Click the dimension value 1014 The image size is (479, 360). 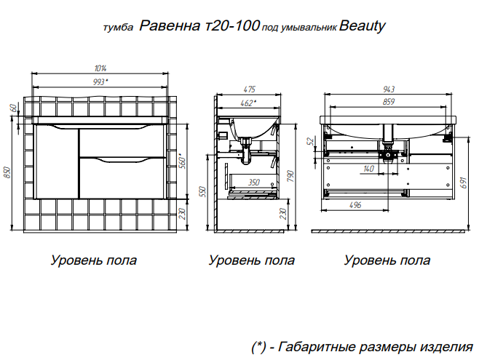click(100, 68)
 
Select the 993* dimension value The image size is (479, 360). click(100, 81)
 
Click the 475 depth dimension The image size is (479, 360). click(249, 89)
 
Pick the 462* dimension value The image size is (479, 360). click(248, 103)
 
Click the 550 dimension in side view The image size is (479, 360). click(204, 192)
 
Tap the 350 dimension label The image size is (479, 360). click(253, 183)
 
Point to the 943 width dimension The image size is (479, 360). click(389, 89)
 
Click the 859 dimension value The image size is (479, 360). click(389, 102)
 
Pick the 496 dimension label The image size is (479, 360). click(355, 204)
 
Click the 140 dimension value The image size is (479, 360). click(369, 169)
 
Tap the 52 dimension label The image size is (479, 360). click(311, 142)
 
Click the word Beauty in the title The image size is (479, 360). click(363, 25)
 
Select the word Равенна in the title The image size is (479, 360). click(170, 25)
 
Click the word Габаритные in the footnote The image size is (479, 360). click(317, 347)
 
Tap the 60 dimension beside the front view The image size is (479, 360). click(13, 108)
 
